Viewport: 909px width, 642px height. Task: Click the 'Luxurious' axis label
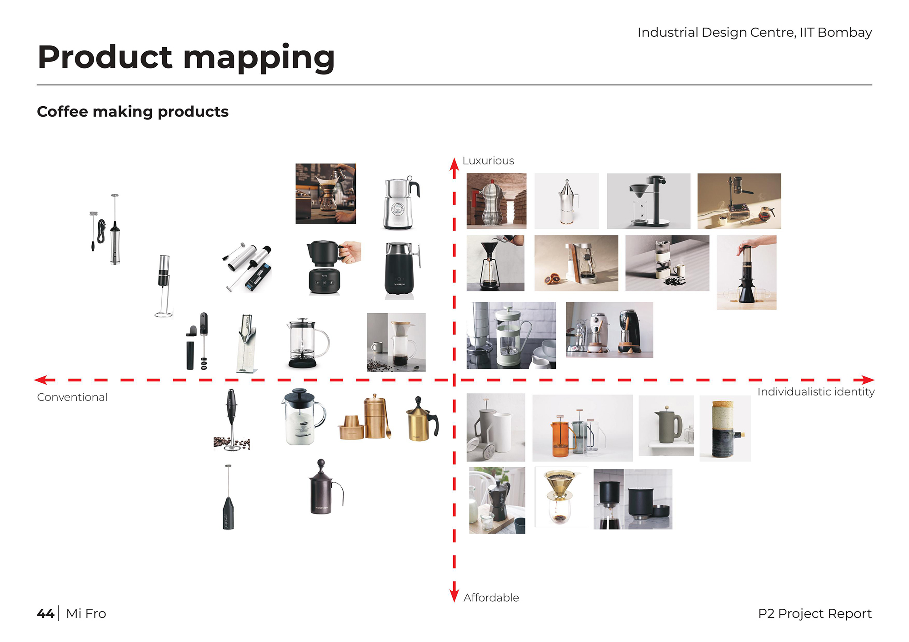tap(488, 161)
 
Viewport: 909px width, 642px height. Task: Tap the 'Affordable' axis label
tap(491, 598)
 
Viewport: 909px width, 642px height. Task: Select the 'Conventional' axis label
tap(72, 397)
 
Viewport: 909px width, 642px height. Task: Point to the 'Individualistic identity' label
tap(816, 392)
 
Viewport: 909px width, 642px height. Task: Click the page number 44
tap(45, 613)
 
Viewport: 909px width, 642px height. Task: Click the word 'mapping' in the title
tap(259, 59)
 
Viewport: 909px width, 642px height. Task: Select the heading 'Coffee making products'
tap(133, 112)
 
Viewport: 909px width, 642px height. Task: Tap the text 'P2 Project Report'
tap(815, 613)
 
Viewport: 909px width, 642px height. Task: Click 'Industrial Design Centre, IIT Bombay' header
tap(754, 33)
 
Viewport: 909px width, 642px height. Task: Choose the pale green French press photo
tap(511, 336)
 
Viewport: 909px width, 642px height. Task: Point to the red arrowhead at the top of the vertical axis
tap(454, 164)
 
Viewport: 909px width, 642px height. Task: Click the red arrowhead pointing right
tap(868, 380)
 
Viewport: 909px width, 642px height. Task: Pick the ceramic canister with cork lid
tap(725, 429)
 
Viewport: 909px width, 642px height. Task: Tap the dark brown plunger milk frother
tap(324, 487)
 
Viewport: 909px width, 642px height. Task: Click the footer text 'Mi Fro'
tap(86, 613)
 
